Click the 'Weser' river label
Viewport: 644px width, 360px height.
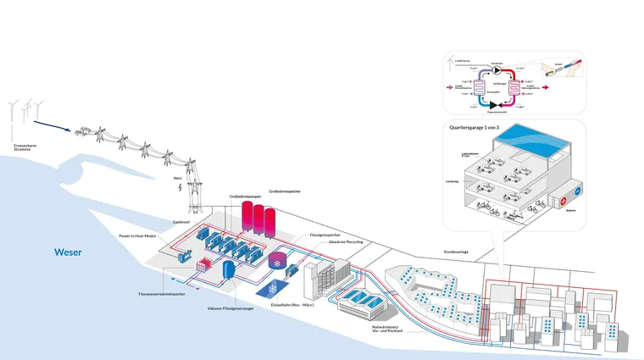pos(69,252)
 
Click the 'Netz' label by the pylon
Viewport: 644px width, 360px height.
pos(177,178)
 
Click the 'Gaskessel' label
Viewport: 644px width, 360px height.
pos(181,221)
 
